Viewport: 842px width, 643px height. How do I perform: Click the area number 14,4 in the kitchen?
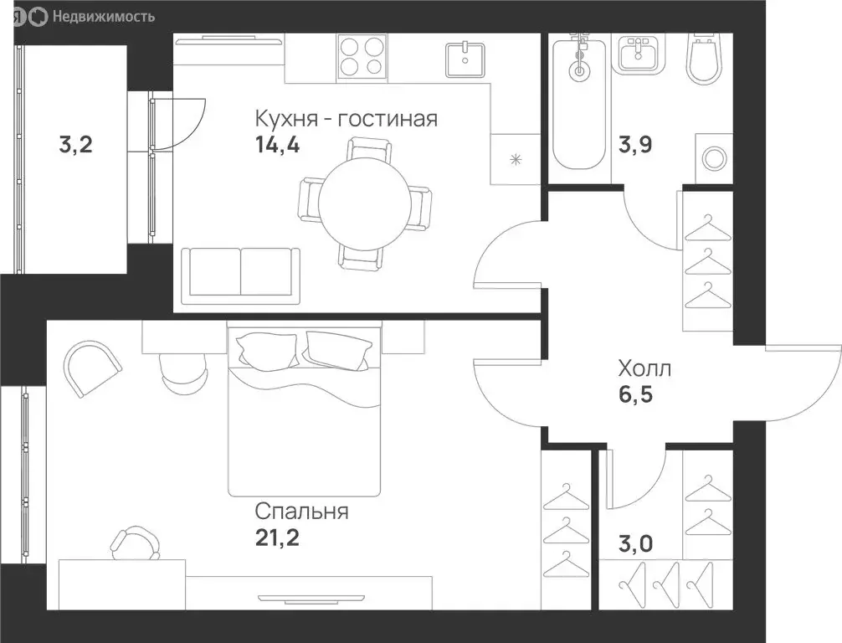click(277, 145)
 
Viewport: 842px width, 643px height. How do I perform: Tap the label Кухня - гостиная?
click(347, 118)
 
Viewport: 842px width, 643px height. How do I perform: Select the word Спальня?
click(302, 511)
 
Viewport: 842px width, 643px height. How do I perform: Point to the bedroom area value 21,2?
click(277, 537)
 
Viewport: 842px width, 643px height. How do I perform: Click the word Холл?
click(644, 368)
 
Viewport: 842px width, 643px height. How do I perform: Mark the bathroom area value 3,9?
click(635, 145)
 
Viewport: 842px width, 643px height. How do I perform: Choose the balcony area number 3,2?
click(75, 146)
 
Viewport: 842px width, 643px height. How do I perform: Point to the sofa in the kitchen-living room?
click(242, 272)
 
